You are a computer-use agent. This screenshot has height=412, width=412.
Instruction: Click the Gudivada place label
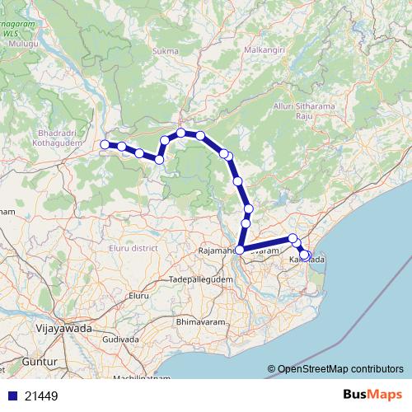[x=119, y=339]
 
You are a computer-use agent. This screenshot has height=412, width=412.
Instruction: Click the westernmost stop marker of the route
[x=105, y=145]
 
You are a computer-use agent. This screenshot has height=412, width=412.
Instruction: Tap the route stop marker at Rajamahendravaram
[x=240, y=250]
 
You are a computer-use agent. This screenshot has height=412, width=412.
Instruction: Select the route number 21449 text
[x=41, y=396]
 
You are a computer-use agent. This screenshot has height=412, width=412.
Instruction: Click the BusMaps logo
[x=371, y=396]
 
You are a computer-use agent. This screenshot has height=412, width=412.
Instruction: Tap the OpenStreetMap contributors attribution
[x=340, y=369]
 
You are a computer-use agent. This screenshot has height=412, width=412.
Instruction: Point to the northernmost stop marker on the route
[x=180, y=133]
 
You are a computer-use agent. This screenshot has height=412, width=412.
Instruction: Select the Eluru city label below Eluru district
[x=137, y=294]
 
